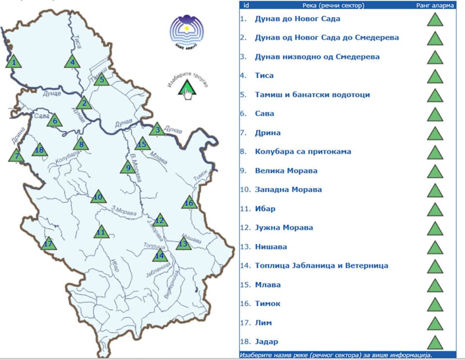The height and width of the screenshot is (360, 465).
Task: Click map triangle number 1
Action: pyautogui.click(x=14, y=62)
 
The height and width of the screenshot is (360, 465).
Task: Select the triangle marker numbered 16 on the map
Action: pyautogui.click(x=189, y=203)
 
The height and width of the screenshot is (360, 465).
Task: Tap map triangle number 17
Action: pyautogui.click(x=48, y=243)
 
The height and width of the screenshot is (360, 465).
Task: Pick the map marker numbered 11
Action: pyautogui.click(x=100, y=232)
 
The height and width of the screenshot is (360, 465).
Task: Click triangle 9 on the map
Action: pyautogui.click(x=128, y=168)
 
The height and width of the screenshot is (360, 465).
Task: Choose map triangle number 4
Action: pyautogui.click(x=72, y=62)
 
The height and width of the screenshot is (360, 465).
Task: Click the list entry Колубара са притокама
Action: pyautogui.click(x=303, y=152)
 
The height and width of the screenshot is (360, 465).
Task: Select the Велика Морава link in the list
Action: pyautogui.click(x=286, y=171)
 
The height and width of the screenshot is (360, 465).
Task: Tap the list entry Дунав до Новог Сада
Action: pyautogui.click(x=297, y=19)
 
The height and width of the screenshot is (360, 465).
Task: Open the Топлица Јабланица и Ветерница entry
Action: pyautogui.click(x=321, y=266)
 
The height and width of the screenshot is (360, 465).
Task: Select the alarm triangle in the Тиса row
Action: pyautogui.click(x=435, y=77)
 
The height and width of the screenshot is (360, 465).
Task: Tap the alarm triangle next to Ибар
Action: pyautogui.click(x=435, y=210)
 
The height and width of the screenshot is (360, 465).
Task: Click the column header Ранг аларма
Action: pyautogui.click(x=435, y=6)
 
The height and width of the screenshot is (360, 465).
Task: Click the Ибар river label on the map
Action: pyautogui.click(x=115, y=266)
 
